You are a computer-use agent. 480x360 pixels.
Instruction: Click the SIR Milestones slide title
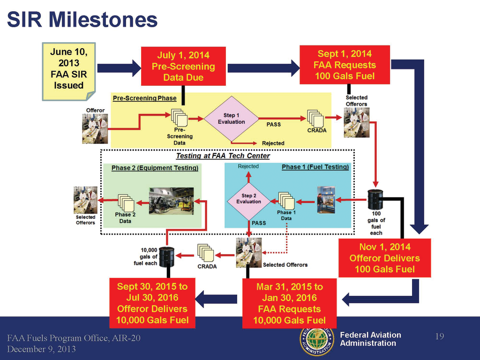82,19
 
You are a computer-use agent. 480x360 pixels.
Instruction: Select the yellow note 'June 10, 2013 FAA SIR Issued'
68,69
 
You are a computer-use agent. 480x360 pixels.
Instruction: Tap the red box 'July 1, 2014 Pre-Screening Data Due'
183,66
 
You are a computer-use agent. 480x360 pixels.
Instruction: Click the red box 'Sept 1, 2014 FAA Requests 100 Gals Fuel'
345,65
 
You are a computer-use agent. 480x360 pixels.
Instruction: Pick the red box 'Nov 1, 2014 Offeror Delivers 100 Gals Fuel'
384,258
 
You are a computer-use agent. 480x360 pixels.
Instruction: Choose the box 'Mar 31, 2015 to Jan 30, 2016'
289,303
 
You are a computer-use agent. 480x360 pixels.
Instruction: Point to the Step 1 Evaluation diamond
231,119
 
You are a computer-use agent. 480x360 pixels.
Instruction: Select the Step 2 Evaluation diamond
248,199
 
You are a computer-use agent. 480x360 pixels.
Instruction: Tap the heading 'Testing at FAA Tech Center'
223,156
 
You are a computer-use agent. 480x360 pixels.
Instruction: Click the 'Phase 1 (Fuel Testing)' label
315,167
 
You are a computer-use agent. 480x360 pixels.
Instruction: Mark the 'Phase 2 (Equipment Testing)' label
155,168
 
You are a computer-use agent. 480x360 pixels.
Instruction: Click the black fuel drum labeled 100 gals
375,199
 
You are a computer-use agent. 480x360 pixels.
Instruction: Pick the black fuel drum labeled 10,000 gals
166,256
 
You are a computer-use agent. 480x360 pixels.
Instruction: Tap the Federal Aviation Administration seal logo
315,341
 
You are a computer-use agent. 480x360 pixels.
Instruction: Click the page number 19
439,337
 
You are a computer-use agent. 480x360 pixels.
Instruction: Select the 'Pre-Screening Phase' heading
144,98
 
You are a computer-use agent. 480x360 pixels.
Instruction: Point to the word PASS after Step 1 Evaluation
273,124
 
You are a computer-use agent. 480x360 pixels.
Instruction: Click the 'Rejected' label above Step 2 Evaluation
248,166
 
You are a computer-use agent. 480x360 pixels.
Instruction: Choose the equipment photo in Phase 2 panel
171,201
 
